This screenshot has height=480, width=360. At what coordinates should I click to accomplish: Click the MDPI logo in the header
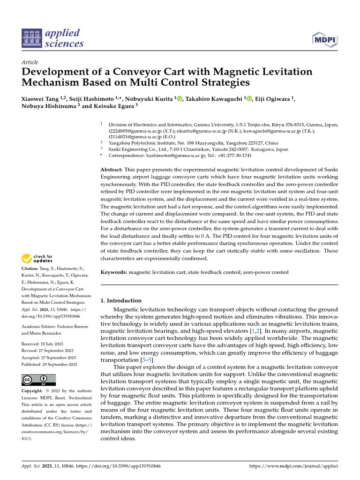[324, 39]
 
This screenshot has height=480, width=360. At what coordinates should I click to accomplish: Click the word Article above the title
[30, 62]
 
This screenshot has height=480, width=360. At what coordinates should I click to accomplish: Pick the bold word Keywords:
[114, 272]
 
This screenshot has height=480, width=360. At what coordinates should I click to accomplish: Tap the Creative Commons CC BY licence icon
[39, 380]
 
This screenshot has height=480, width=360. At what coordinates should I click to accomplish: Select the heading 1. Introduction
[121, 300]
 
